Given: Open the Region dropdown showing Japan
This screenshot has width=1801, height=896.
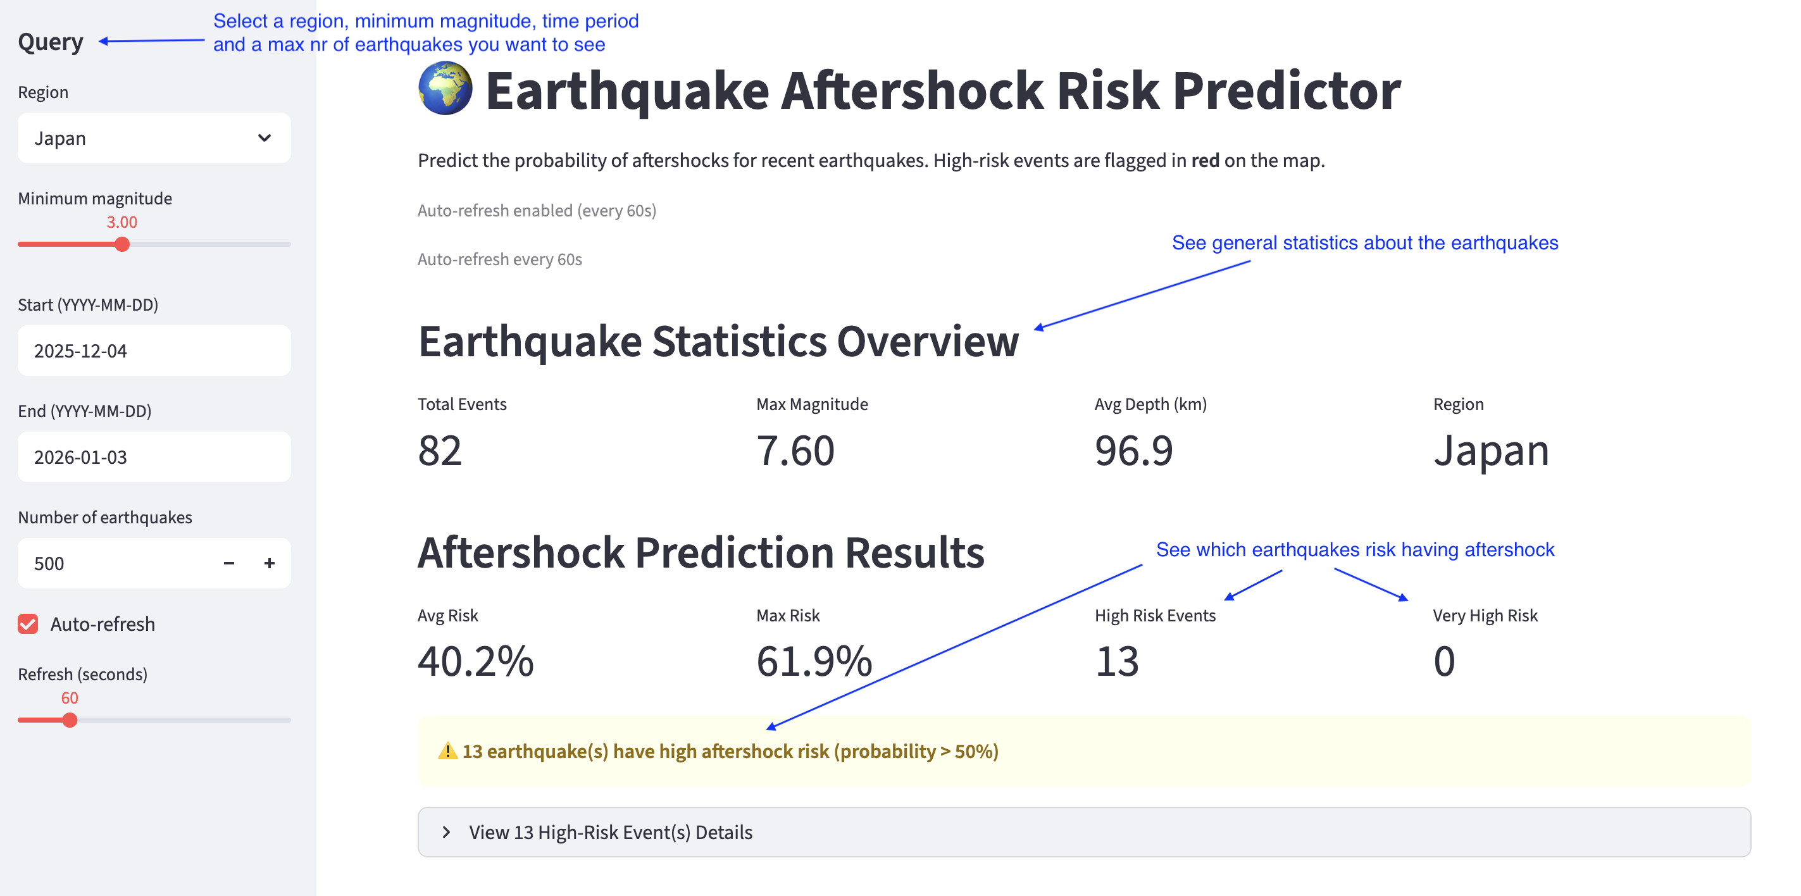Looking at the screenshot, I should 154,139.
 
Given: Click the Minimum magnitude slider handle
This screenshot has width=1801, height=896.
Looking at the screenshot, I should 122,245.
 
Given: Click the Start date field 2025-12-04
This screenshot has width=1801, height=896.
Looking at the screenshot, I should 154,351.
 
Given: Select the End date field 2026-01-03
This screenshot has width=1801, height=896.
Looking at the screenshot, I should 154,457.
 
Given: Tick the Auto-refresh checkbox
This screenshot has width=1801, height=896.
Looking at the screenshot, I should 28,624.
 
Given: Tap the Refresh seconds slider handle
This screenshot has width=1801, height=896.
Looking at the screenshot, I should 69,721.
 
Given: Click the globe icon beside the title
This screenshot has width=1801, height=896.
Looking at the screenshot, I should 446,89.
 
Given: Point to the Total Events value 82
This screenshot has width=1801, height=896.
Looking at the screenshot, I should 440,451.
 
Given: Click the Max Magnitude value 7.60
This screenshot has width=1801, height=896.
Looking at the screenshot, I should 795,451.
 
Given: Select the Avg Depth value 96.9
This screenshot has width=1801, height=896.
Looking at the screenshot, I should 1133,451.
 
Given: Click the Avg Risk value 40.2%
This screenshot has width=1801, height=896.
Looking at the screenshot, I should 475,662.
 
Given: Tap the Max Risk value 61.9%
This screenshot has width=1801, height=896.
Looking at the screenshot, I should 814,662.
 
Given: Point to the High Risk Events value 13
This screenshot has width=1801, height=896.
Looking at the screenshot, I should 1116,662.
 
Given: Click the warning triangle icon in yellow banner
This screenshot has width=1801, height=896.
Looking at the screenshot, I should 447,751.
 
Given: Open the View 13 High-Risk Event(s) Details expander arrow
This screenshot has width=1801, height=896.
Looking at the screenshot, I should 446,832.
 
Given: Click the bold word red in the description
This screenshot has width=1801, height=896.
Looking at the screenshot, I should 1205,161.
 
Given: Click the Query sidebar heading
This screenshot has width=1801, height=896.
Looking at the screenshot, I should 51,42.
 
